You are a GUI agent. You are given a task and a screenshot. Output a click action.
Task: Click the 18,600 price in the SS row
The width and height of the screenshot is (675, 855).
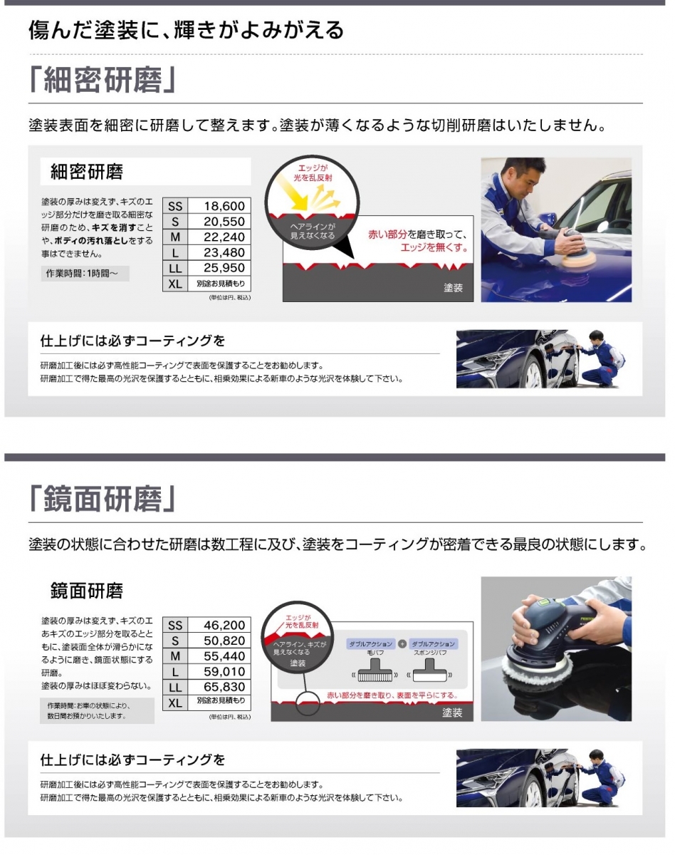click(x=224, y=206)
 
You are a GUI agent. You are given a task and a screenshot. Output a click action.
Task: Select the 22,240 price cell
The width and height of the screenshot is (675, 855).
click(x=224, y=237)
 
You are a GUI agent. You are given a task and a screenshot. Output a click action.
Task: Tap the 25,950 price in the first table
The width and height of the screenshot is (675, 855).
click(x=224, y=268)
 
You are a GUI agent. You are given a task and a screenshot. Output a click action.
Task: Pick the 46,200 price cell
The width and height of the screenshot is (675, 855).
click(x=224, y=626)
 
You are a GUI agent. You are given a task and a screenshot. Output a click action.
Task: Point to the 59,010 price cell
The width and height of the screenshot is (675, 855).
click(x=224, y=672)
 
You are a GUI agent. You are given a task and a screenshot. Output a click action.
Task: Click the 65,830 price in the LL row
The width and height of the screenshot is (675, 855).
click(x=224, y=688)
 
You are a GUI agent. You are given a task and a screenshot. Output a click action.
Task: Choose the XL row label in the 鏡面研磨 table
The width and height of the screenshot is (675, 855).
click(x=175, y=703)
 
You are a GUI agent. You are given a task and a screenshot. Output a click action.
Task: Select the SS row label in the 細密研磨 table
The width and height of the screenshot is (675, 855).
click(x=175, y=206)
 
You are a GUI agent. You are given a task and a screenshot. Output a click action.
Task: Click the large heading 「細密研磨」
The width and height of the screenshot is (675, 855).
click(x=103, y=80)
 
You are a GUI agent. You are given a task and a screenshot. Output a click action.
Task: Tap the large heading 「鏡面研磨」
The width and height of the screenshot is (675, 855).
click(x=103, y=499)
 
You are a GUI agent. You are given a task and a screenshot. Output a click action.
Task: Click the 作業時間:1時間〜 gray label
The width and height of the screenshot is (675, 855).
click(x=85, y=274)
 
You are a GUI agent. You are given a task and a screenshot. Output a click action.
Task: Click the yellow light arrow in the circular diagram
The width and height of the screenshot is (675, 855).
click(x=291, y=192)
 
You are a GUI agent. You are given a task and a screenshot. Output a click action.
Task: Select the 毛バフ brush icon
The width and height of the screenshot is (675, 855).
click(x=375, y=670)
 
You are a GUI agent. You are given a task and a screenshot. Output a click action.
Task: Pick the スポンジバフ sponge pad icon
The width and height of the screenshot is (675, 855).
click(x=429, y=670)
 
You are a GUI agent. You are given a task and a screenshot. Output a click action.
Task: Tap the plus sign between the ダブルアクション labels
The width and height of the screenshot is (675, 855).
click(x=402, y=643)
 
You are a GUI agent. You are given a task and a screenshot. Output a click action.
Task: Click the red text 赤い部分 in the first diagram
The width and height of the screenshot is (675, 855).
click(x=387, y=234)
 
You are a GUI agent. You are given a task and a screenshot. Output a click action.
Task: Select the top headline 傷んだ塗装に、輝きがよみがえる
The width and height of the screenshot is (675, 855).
click(x=186, y=30)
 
